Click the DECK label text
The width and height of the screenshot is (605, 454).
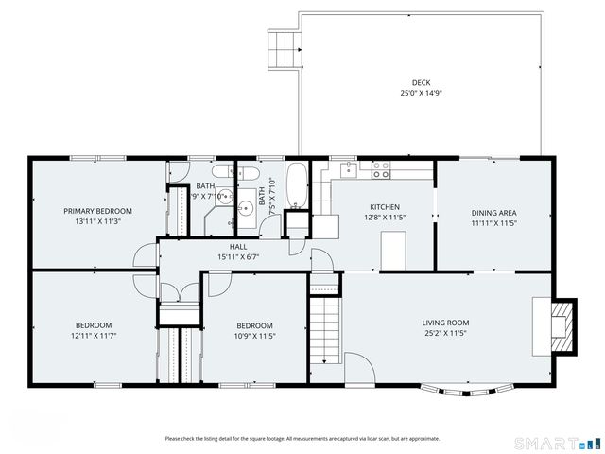point(421,82)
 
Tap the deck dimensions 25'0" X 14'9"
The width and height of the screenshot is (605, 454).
point(421,93)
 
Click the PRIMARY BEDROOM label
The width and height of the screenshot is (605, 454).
point(97,211)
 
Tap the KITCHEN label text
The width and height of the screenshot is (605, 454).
point(384,207)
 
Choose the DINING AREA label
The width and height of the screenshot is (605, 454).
point(493,213)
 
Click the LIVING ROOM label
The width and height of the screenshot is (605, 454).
point(445,323)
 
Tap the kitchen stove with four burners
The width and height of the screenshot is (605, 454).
point(381,170)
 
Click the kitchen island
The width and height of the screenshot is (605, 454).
point(392,248)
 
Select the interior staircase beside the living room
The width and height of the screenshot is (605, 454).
point(324,326)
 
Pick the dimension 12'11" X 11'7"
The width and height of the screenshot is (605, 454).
point(95,335)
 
